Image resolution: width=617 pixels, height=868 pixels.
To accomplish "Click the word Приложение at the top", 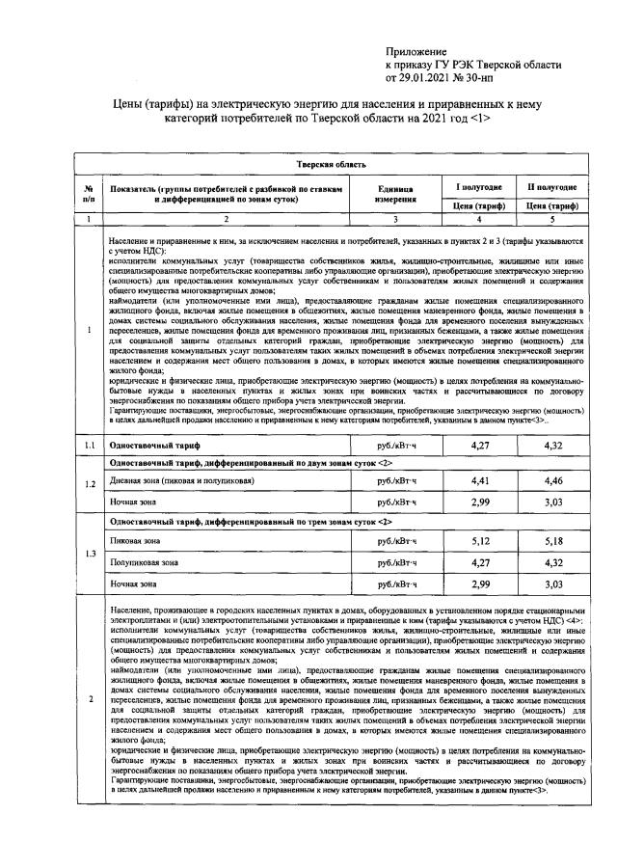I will (x=416, y=50).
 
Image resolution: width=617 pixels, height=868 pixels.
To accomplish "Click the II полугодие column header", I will (x=550, y=186).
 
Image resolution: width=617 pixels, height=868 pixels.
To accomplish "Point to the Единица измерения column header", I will (x=394, y=195).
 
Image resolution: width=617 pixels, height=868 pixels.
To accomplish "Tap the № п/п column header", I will (x=88, y=195).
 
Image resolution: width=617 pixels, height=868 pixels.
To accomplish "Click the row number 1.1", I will (x=88, y=446).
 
